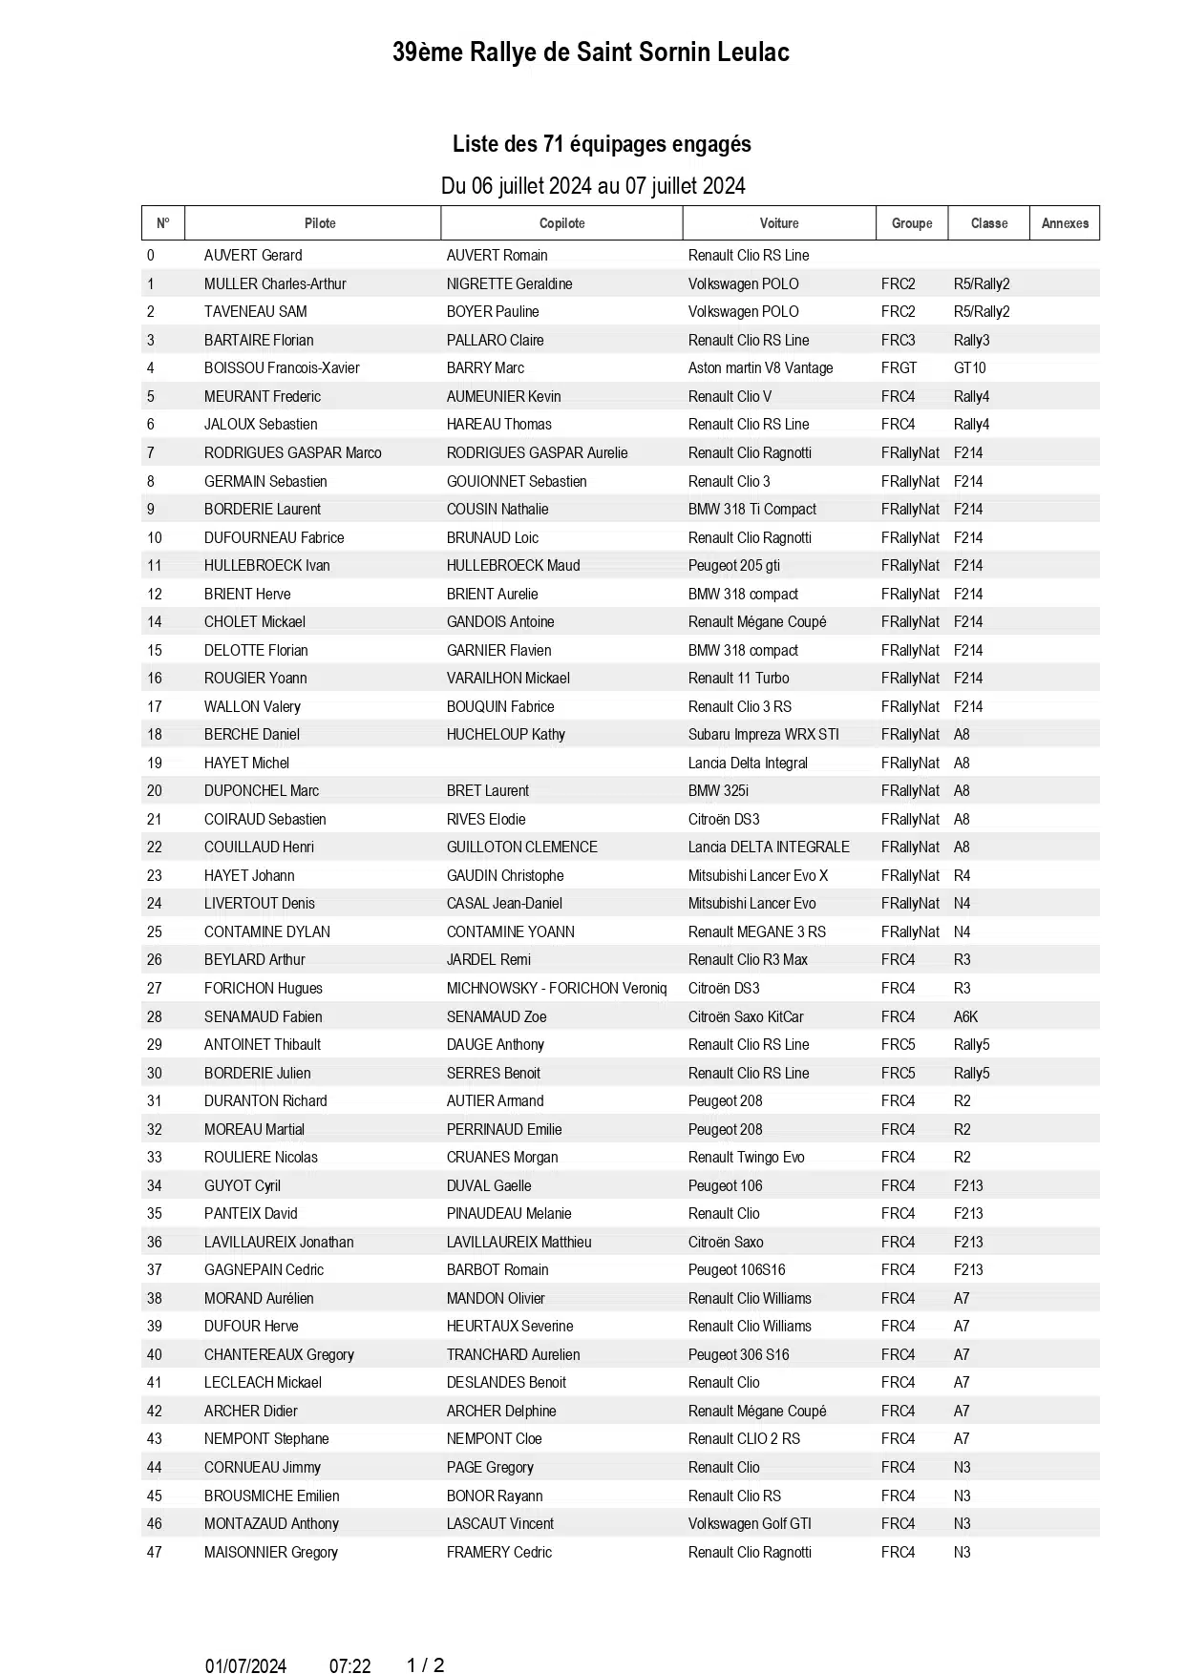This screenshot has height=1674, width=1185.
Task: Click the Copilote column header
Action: (x=561, y=223)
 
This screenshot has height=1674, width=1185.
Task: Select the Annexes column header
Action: (x=1065, y=223)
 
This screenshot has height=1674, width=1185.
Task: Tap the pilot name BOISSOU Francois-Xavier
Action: (x=282, y=368)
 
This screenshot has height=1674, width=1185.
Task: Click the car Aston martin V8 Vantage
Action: (x=760, y=368)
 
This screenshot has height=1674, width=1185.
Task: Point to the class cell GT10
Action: (x=969, y=368)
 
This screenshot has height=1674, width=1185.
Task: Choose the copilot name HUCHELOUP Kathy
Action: (x=505, y=735)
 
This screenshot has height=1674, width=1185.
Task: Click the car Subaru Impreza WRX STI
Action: (x=763, y=735)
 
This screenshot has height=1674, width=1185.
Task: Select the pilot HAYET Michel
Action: (x=246, y=764)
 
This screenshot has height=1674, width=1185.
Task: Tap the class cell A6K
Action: (x=965, y=1017)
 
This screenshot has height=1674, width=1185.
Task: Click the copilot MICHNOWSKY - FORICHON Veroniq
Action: (x=556, y=989)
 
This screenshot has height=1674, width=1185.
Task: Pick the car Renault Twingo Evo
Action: (x=746, y=1158)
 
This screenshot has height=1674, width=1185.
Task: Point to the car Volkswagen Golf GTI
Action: (x=750, y=1524)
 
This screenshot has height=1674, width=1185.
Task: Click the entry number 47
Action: (x=155, y=1553)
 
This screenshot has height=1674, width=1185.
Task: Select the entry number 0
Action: (x=151, y=256)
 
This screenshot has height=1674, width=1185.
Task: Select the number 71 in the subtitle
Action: (x=554, y=144)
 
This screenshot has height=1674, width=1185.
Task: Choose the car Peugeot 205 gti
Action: (x=733, y=566)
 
